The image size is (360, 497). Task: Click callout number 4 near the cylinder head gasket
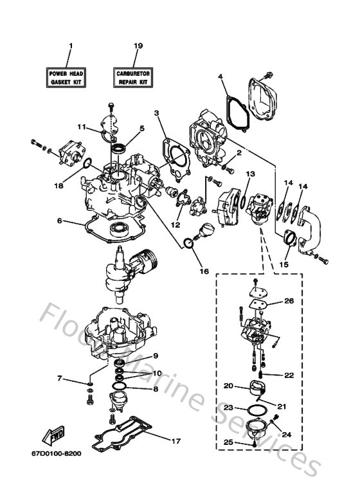(220, 77)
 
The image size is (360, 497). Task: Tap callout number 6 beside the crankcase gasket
(60, 220)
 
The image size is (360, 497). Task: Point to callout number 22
(289, 374)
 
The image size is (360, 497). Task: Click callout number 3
(156, 113)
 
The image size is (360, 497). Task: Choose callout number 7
(60, 379)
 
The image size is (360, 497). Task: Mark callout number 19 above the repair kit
(137, 46)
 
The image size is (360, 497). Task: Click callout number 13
(251, 174)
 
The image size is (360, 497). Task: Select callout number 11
(82, 127)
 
